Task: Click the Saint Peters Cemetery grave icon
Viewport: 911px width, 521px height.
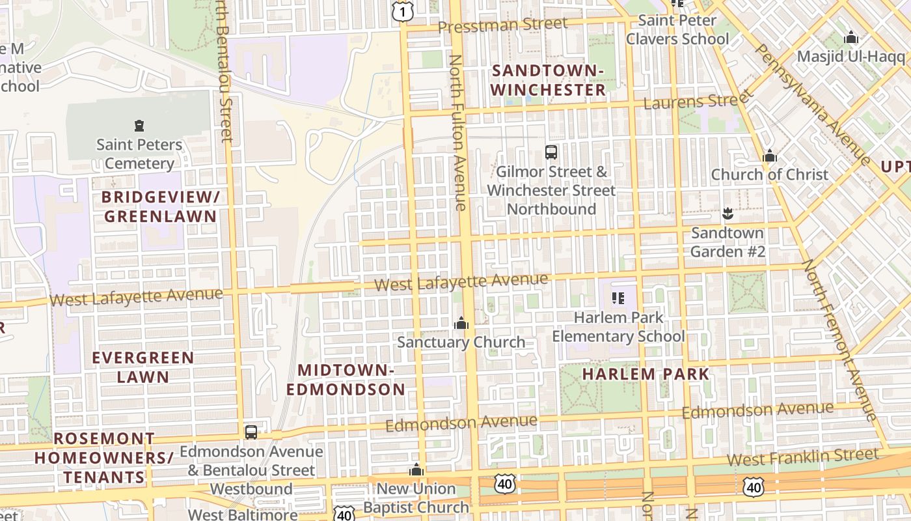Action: (x=138, y=125)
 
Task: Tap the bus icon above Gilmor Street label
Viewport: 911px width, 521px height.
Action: (x=551, y=152)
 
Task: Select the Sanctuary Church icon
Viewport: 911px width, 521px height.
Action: (x=461, y=323)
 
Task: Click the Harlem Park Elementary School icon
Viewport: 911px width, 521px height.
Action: (x=618, y=298)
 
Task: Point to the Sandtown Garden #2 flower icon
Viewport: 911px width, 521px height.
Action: (x=727, y=213)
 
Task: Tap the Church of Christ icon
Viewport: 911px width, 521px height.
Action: (x=770, y=156)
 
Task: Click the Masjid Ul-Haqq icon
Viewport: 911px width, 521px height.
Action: (x=850, y=38)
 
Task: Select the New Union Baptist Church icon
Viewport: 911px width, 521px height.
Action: (x=416, y=470)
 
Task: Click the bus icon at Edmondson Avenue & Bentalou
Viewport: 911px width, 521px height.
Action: (x=251, y=432)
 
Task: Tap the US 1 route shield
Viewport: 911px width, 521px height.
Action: (x=403, y=10)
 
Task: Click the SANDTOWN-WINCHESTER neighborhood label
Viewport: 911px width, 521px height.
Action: (x=548, y=80)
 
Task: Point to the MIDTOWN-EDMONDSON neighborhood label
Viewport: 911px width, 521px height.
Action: (x=346, y=380)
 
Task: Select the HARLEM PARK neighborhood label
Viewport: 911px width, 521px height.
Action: (x=646, y=374)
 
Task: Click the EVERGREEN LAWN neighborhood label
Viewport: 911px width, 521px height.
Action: (x=143, y=367)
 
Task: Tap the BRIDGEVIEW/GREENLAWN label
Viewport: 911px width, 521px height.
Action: (x=160, y=206)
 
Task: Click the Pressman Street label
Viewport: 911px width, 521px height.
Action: (x=502, y=25)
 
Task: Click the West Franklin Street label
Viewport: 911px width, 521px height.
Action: (x=802, y=457)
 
